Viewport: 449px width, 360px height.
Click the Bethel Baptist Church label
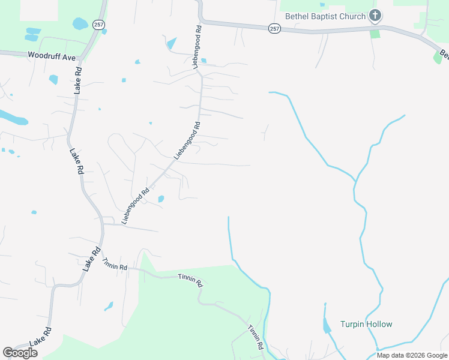(325, 16)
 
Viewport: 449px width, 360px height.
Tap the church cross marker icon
(375, 16)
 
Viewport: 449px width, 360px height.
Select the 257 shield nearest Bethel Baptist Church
(274, 28)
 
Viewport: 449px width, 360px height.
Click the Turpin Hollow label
(366, 324)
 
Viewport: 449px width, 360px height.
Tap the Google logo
(20, 353)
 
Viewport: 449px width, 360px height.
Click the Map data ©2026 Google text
(412, 355)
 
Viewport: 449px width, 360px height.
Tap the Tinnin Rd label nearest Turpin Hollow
(256, 338)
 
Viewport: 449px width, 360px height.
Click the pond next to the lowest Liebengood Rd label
(160, 199)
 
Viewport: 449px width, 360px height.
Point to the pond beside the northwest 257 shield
(79, 24)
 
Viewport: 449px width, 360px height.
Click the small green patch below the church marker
(375, 33)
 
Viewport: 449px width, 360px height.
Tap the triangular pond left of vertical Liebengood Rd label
(172, 43)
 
